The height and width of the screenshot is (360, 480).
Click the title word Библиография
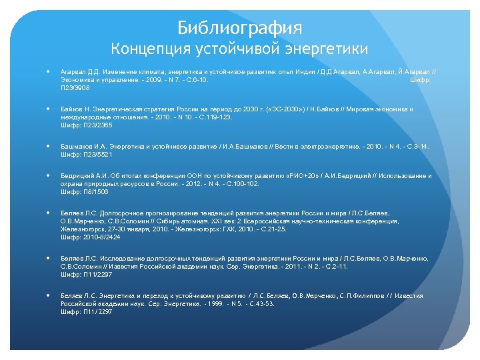coord(239,28)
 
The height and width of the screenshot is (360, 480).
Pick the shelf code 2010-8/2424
coord(99,237)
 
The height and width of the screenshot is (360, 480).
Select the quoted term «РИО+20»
coord(299,176)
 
